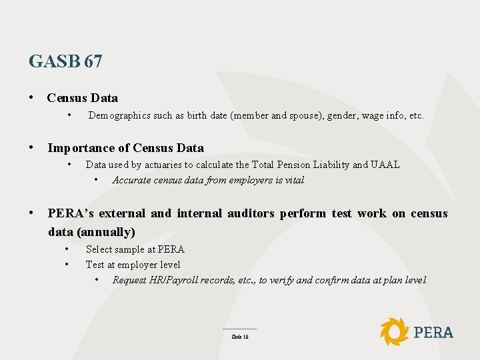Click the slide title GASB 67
pos(65,62)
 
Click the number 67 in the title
pos(93,62)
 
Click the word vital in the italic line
pos(293,180)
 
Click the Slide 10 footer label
pos(239,337)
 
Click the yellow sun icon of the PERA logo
pos(394,331)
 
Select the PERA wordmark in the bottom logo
pos(433,332)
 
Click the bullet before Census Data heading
pos(32,98)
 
